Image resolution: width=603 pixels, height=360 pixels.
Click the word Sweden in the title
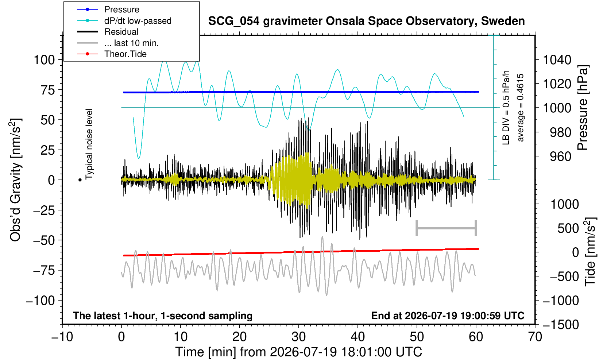click(503, 21)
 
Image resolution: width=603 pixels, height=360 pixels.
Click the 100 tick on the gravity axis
click(45, 60)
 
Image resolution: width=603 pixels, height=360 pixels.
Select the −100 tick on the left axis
click(40, 300)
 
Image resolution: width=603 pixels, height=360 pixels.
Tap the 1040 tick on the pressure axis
click(557, 60)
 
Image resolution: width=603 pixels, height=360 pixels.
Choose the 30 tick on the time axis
click(298, 337)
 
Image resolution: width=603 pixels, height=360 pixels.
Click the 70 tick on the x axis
click(535, 337)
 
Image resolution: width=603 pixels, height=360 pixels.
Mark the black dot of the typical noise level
click(80, 180)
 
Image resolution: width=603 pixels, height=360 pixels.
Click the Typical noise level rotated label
click(89, 144)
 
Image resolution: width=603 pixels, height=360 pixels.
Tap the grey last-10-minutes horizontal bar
click(447, 228)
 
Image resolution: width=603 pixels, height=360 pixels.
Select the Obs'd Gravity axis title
click(16, 180)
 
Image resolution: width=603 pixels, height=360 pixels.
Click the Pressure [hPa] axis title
click(583, 108)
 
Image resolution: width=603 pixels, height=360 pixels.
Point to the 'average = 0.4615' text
click(520, 108)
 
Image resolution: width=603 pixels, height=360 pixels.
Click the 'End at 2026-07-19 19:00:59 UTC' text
click(448, 316)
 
